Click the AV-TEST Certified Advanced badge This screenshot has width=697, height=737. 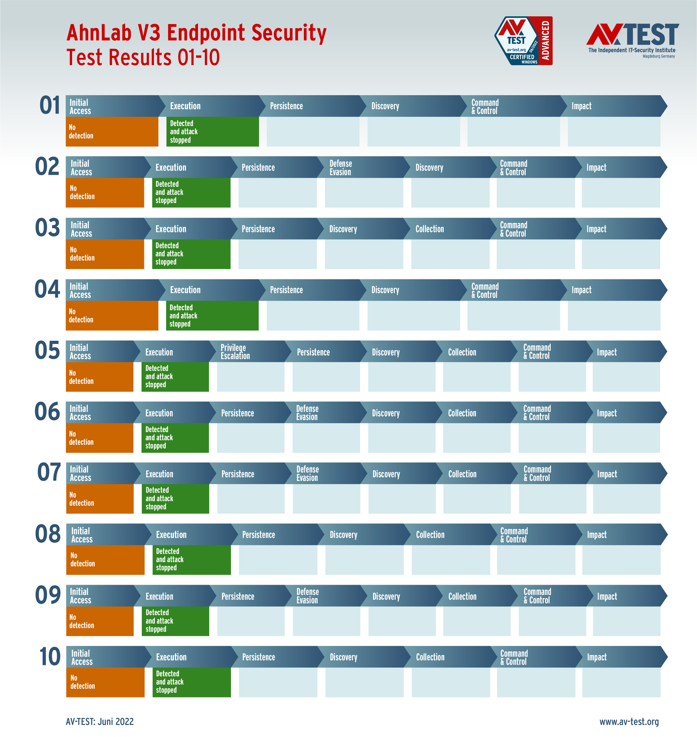click(523, 41)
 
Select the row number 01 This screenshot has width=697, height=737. click(50, 105)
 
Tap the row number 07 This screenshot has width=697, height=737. click(49, 473)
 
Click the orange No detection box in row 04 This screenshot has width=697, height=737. click(112, 316)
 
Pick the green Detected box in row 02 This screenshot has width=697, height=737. click(191, 192)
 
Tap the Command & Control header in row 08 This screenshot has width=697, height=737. click(532, 535)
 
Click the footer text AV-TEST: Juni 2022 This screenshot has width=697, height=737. click(100, 722)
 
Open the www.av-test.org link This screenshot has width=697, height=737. click(629, 722)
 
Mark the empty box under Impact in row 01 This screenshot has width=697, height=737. click(614, 132)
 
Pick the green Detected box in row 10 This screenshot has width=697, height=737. click(191, 682)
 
